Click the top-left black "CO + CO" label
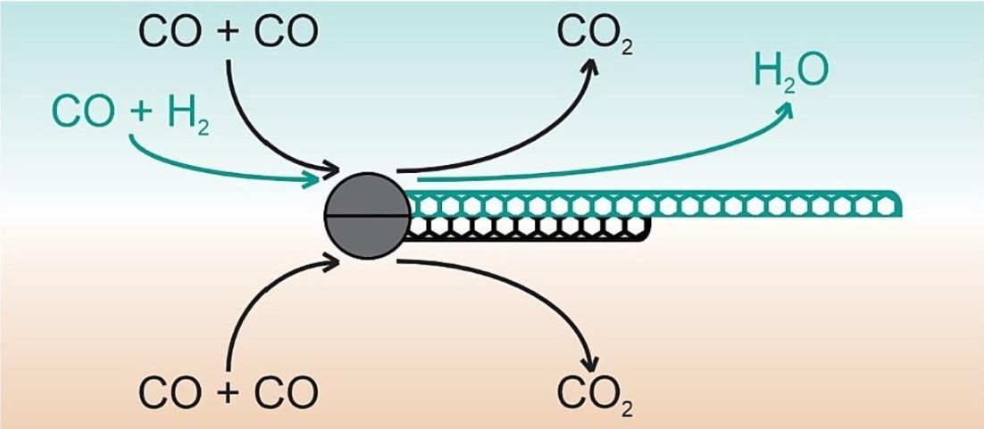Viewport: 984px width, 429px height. click(229, 31)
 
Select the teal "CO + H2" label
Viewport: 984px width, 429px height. click(130, 112)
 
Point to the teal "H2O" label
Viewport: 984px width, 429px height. click(791, 71)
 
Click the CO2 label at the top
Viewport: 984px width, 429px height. click(595, 33)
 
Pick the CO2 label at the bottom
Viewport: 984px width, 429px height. click(595, 392)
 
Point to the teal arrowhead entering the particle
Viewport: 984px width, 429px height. click(313, 180)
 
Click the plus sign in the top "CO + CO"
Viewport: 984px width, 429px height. click(229, 32)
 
